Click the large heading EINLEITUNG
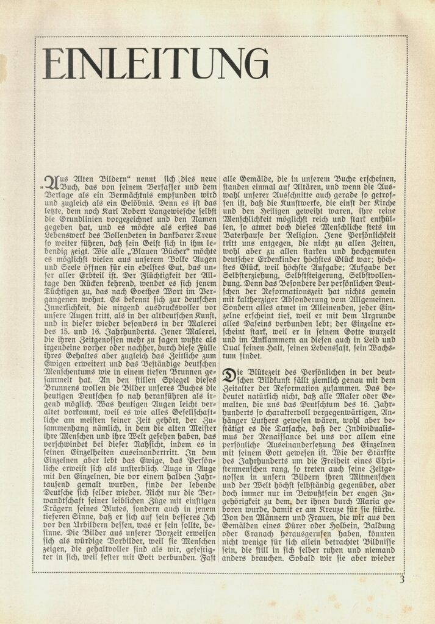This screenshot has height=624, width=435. click(x=156, y=63)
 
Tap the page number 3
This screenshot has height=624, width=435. click(x=402, y=580)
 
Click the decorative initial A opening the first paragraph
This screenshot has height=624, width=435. click(x=52, y=182)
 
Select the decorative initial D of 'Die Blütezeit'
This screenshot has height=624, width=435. click(x=228, y=376)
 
